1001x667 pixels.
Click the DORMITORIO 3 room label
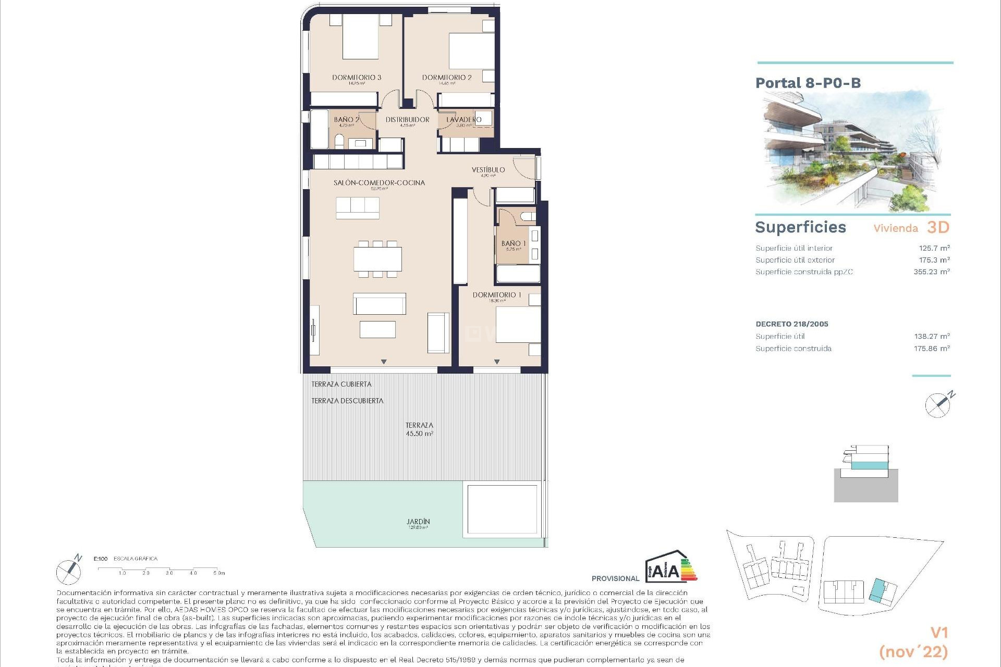tap(357, 77)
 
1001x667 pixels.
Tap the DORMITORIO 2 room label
tap(447, 77)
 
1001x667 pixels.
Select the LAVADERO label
tap(464, 119)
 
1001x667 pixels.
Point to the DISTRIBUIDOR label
tap(407, 119)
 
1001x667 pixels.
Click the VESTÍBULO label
tap(488, 170)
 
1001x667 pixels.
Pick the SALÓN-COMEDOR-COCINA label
tap(379, 183)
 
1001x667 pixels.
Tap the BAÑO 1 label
tap(513, 243)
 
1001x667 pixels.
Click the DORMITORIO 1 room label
tap(496, 295)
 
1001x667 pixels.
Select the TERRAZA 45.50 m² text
tap(419, 429)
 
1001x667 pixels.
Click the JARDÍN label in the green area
tap(418, 522)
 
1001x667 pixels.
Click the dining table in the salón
tap(377, 259)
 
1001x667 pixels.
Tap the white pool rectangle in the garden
tap(502, 509)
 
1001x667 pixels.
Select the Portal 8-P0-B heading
tap(808, 83)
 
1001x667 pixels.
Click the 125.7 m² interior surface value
tap(934, 248)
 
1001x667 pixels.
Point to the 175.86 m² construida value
tap(931, 349)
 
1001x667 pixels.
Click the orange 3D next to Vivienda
tap(938, 227)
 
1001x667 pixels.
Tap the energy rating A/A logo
tap(670, 567)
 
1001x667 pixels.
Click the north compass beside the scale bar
tap(69, 571)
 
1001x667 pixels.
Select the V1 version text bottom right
tap(938, 633)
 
